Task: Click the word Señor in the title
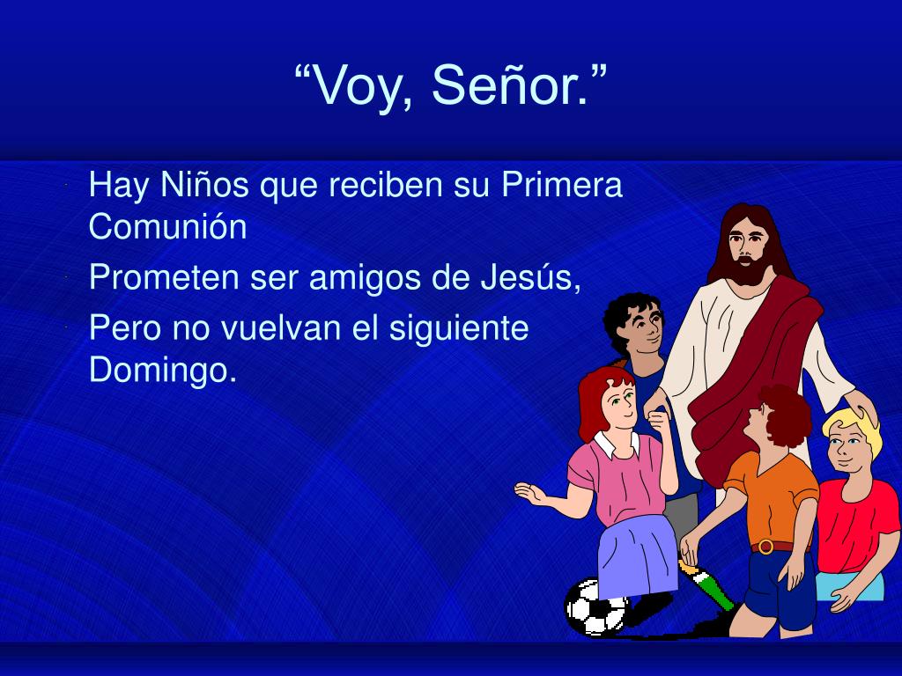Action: point(511,86)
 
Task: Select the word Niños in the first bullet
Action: point(204,185)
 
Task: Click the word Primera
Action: point(562,185)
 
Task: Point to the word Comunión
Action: point(168,226)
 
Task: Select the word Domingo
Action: point(163,370)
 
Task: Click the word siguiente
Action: point(459,328)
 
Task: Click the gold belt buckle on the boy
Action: point(765,546)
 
